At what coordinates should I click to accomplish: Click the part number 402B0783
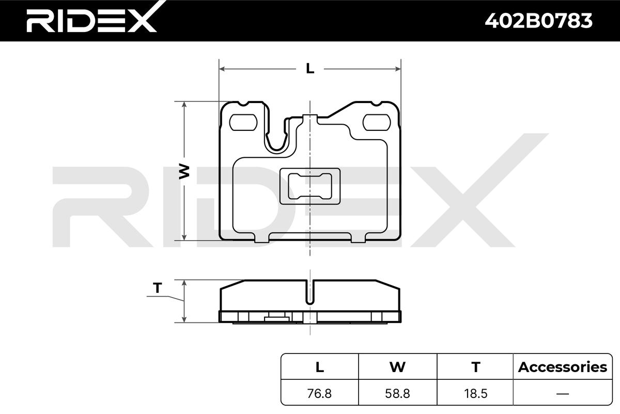pyautogui.click(x=538, y=21)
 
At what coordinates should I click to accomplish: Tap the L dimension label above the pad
pyautogui.click(x=310, y=68)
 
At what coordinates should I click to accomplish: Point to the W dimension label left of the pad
pyautogui.click(x=184, y=171)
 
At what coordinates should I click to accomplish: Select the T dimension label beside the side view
pyautogui.click(x=158, y=288)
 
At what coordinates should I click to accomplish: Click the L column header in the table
pyautogui.click(x=320, y=367)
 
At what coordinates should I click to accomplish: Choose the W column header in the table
pyautogui.click(x=397, y=367)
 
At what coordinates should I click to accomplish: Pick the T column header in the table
pyautogui.click(x=475, y=367)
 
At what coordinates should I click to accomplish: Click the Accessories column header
pyautogui.click(x=563, y=367)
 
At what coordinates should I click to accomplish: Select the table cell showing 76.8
pyautogui.click(x=319, y=393)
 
